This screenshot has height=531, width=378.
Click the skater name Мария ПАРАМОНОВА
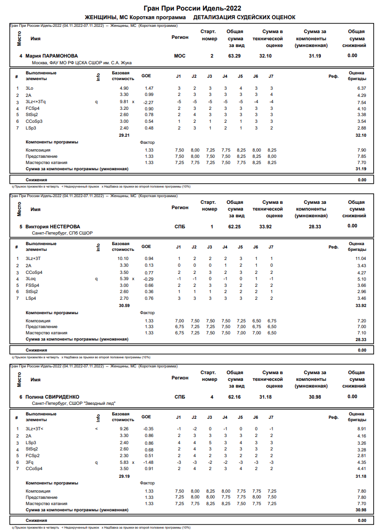[51, 56]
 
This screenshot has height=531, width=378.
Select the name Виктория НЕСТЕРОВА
[53, 226]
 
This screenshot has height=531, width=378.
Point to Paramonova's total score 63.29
[235, 56]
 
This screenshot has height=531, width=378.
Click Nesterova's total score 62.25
[235, 226]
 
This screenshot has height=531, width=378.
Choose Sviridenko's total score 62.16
[235, 397]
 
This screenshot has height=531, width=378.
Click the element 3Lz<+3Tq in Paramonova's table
[36, 102]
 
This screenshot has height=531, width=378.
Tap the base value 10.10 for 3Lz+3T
[123, 259]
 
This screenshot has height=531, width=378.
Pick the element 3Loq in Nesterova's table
[31, 279]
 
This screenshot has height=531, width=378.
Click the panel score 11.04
[360, 259]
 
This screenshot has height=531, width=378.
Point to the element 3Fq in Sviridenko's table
[30, 462]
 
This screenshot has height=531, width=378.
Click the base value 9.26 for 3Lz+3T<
[124, 429]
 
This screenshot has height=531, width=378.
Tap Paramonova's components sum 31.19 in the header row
[315, 56]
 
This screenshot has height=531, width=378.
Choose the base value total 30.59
[124, 305]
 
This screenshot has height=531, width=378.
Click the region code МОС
[179, 56]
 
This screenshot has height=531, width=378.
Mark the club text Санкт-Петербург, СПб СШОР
[62, 233]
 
